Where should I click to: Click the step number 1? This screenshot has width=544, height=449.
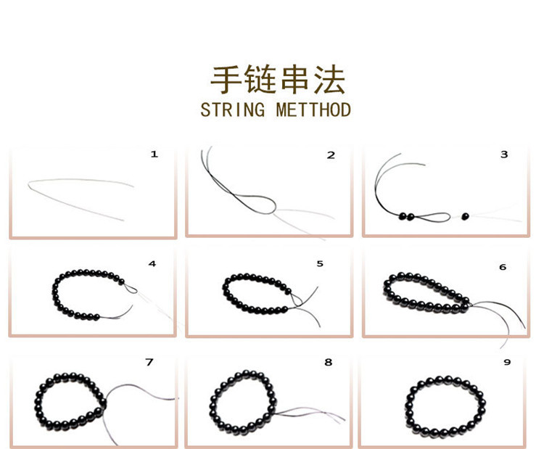[x=153, y=154]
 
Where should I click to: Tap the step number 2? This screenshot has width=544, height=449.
[x=331, y=155]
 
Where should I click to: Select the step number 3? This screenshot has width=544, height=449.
[x=504, y=155]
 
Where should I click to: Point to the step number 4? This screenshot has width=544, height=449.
[x=152, y=263]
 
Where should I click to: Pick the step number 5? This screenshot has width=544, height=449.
[x=320, y=263]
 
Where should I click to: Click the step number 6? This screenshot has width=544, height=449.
[x=503, y=267]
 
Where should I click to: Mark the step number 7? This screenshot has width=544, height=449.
[x=149, y=361]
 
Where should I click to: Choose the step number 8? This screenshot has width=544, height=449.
[x=328, y=361]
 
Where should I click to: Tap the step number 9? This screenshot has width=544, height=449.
[x=507, y=362]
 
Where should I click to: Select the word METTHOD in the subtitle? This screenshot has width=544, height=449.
[x=313, y=110]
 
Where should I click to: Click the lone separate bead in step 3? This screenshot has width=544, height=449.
[x=465, y=215]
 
